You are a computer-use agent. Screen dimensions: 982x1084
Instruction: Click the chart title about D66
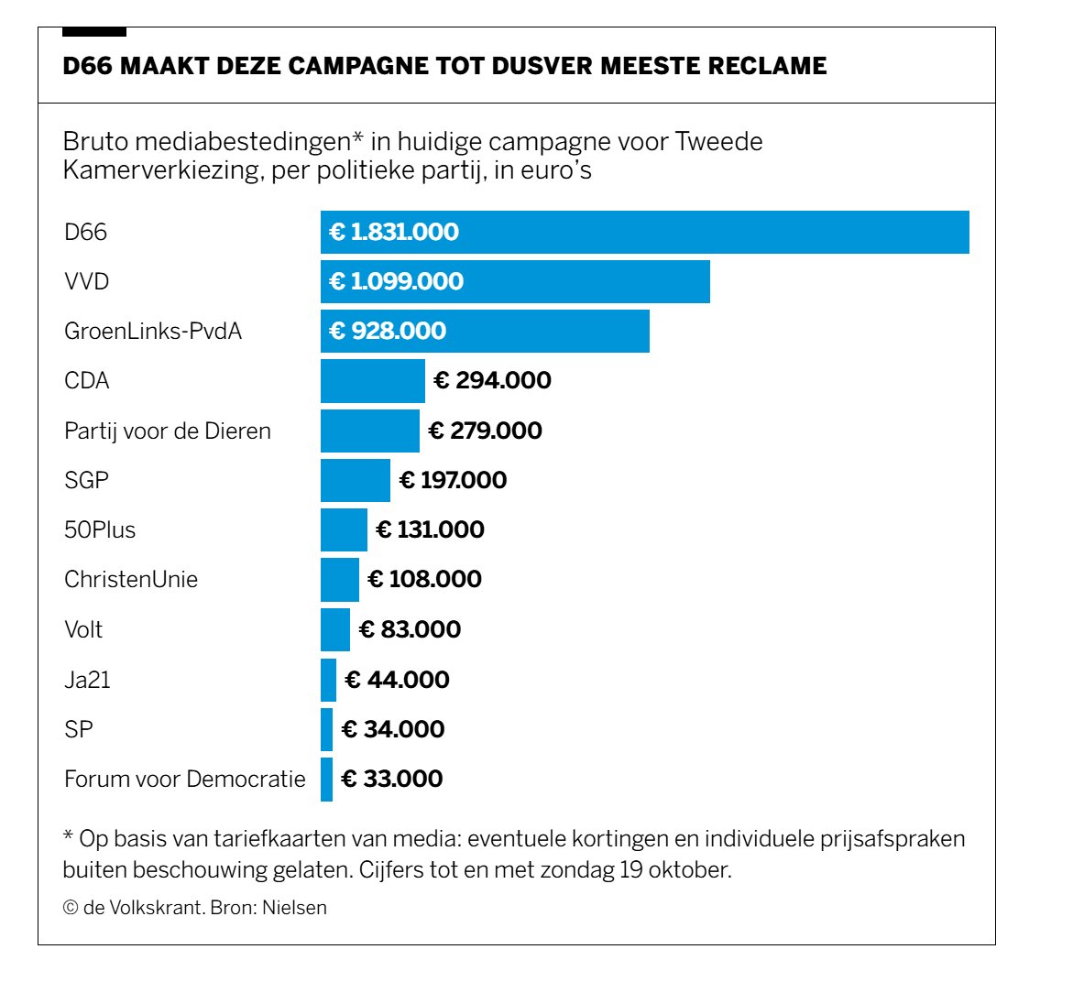[x=444, y=66]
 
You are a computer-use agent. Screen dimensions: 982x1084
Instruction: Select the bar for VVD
[x=515, y=281]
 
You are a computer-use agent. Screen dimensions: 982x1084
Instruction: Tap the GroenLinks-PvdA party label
[x=153, y=331]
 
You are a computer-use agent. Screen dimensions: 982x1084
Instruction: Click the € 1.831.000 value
[x=394, y=232]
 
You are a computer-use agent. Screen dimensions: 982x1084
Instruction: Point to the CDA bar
[x=372, y=381]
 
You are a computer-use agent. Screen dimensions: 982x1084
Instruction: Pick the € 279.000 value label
[x=485, y=431]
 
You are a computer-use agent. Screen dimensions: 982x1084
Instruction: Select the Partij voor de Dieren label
[x=168, y=431]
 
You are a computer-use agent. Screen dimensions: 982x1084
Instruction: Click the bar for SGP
[x=355, y=480]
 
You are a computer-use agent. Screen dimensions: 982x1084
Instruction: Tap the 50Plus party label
[x=100, y=529]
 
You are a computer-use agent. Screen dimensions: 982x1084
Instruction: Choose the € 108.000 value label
[x=424, y=579]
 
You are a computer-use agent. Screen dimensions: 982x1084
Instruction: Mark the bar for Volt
[x=334, y=629]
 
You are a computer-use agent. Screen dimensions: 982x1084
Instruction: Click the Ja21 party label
[x=87, y=680]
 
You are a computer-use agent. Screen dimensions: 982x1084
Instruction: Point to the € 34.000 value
[x=392, y=729]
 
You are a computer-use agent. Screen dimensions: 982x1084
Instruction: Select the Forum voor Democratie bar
[x=326, y=779]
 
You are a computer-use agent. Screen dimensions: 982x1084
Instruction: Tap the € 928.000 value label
[x=388, y=331]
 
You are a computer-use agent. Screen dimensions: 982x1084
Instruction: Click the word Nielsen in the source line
[x=294, y=908]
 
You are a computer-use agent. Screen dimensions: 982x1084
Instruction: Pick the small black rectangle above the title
[x=93, y=32]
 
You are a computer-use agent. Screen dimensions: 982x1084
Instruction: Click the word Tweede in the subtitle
[x=718, y=142]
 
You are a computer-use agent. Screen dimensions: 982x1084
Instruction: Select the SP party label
[x=79, y=729]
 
